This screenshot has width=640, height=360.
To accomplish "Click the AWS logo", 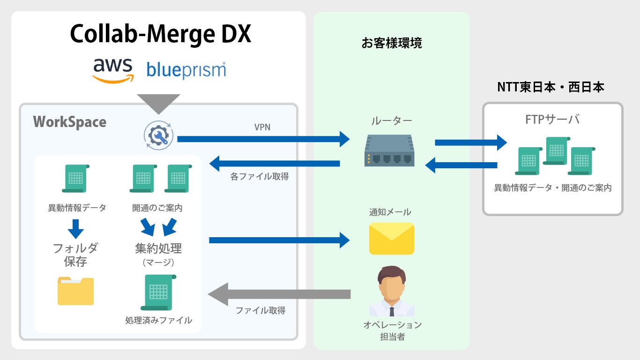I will pos(113,70).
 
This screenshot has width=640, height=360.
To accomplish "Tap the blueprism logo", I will pos(186,70).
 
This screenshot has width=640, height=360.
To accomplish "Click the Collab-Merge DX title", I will pos(160,34).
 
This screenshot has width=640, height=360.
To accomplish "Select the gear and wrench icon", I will pos(158,135).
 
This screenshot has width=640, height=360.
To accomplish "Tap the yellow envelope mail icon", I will pos(392,238).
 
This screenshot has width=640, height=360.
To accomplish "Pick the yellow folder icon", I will pos(75,291).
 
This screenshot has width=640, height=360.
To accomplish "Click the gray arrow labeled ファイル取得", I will pos(279,294).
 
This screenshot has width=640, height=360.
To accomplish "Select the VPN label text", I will pos(262,127).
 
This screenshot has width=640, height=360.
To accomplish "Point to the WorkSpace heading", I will pos(70,122).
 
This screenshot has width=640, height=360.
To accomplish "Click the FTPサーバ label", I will pos(552,120).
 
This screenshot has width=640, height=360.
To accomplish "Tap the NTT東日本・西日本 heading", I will pos(551,87).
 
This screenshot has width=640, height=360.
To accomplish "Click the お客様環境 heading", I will pos(392,43).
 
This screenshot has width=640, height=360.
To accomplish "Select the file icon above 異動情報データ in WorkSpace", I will pos(75,178).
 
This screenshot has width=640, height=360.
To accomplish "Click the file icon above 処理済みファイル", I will pos(158,292).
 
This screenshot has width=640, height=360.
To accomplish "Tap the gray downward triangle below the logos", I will pos(158,103).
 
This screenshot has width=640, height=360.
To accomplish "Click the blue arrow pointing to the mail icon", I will pos(279,240).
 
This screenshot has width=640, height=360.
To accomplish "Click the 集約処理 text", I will pos(158,248).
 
